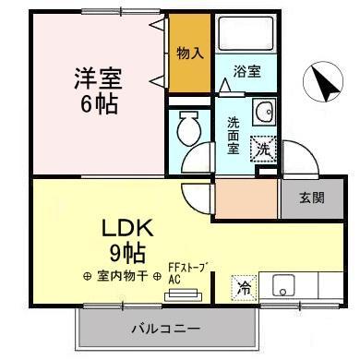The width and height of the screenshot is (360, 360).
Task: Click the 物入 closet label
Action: coord(189,54)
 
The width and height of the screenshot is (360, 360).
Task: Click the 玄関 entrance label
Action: coord(311,197)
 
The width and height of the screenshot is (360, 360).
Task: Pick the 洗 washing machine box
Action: coord(264,148)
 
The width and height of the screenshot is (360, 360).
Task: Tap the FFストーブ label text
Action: coord(187,268)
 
